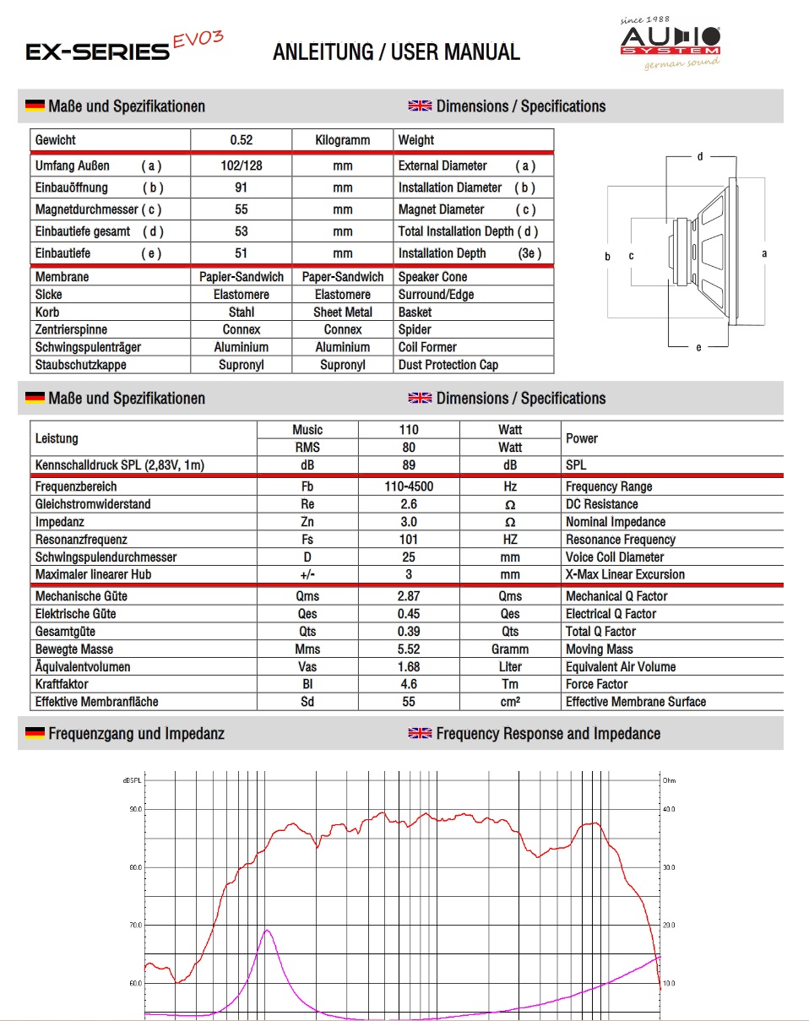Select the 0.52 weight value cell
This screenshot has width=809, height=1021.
pyautogui.click(x=242, y=140)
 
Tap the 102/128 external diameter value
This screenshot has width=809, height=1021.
pyautogui.click(x=242, y=166)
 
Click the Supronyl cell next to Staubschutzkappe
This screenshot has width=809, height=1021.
pyautogui.click(x=242, y=365)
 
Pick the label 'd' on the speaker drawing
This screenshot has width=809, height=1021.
pyautogui.click(x=700, y=157)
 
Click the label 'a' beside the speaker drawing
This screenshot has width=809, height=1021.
pyautogui.click(x=764, y=253)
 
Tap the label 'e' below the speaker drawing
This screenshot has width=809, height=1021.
pyautogui.click(x=698, y=347)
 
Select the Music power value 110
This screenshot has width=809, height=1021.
pyautogui.click(x=409, y=430)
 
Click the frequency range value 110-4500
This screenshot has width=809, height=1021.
pyautogui.click(x=409, y=486)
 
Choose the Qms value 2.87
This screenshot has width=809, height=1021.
pyautogui.click(x=409, y=596)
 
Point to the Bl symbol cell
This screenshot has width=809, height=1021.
pyautogui.click(x=307, y=684)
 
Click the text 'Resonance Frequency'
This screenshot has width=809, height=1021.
pyautogui.click(x=620, y=540)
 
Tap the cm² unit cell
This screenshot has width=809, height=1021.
pyautogui.click(x=510, y=702)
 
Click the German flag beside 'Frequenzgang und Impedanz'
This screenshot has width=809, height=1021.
pyautogui.click(x=35, y=733)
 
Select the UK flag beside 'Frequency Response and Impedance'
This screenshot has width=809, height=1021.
pyautogui.click(x=420, y=733)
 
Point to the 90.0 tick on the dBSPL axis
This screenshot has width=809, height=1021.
pyautogui.click(x=135, y=809)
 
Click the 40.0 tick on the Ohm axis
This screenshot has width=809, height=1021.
pyautogui.click(x=669, y=809)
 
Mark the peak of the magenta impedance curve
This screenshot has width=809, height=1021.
pyautogui.click(x=267, y=930)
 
